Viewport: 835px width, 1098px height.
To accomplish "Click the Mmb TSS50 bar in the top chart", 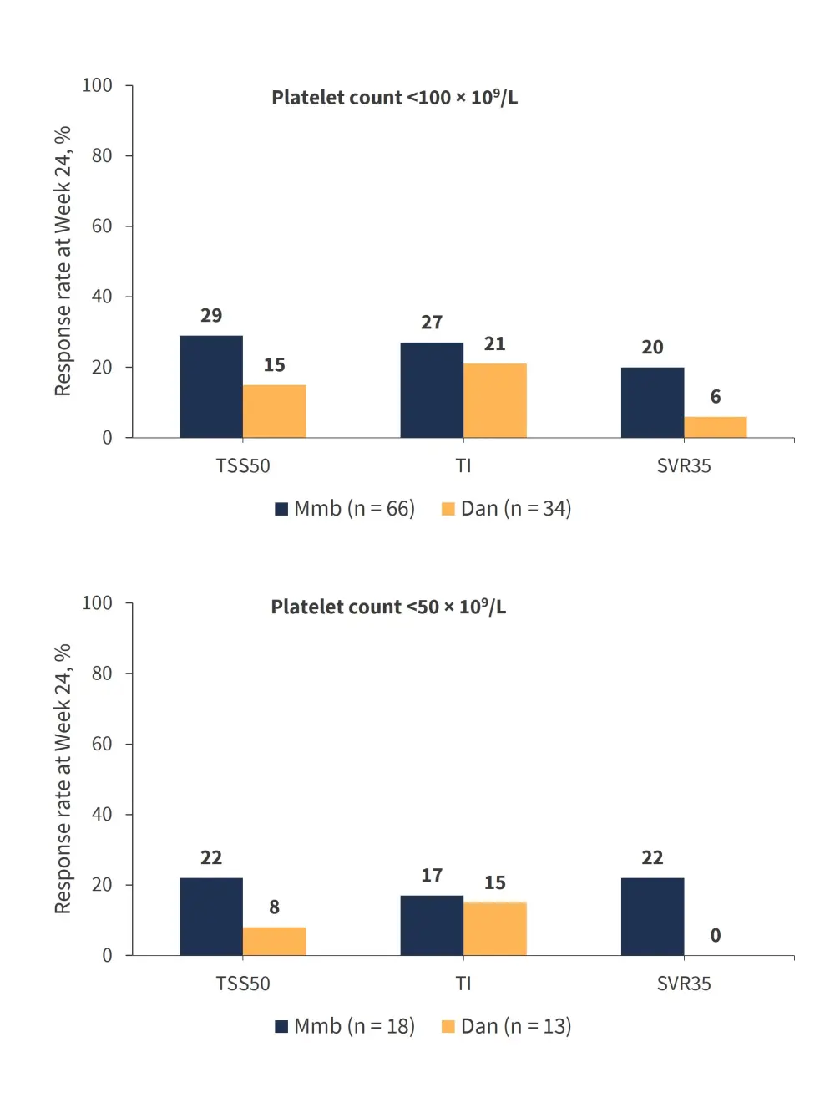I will [x=211, y=386].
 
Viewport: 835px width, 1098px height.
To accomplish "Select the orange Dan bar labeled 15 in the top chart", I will [x=275, y=411].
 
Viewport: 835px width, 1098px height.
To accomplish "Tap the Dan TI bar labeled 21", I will [x=495, y=400].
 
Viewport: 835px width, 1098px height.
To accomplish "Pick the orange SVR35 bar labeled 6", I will [x=716, y=427].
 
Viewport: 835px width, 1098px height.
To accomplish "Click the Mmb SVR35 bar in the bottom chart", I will [x=652, y=916].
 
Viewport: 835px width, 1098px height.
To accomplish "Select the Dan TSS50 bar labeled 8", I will [x=275, y=941].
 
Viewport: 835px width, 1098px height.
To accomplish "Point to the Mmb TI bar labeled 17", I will [x=432, y=925].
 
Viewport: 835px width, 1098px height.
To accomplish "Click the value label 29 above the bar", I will [x=211, y=316].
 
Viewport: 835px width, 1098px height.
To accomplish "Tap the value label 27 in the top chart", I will [x=432, y=323].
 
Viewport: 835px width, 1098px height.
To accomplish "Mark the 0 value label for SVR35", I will [x=716, y=936].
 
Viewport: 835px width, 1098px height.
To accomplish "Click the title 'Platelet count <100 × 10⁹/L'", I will [x=394, y=98].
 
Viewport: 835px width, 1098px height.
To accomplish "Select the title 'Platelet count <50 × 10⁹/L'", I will [x=388, y=607].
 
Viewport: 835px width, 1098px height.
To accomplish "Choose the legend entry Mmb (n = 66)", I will [x=345, y=509].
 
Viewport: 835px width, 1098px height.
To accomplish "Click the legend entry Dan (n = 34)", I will [x=506, y=509].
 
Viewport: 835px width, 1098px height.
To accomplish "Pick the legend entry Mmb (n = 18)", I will [x=345, y=1027].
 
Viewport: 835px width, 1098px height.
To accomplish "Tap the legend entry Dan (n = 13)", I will [x=506, y=1027].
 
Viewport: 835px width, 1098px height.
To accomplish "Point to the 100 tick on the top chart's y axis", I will [x=97, y=85].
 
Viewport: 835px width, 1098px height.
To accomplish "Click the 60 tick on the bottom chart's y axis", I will [x=102, y=744].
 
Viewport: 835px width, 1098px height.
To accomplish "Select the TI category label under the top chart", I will [x=463, y=466].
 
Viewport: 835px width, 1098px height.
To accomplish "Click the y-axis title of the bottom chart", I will [x=63, y=779].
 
